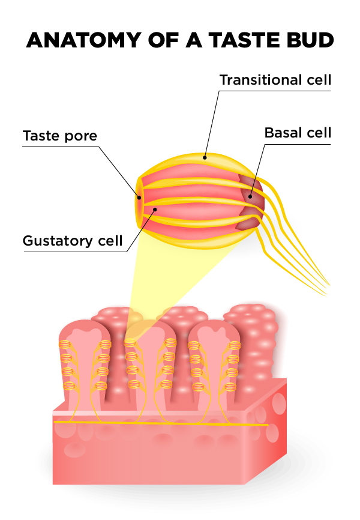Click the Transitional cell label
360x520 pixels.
click(275, 80)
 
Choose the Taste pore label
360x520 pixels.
click(59, 136)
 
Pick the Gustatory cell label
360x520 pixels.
click(73, 241)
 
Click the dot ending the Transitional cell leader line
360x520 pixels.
click(205, 158)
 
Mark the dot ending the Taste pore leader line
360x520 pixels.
click(139, 197)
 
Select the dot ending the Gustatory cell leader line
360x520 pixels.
click(155, 210)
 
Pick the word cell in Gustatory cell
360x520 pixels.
click(110, 241)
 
